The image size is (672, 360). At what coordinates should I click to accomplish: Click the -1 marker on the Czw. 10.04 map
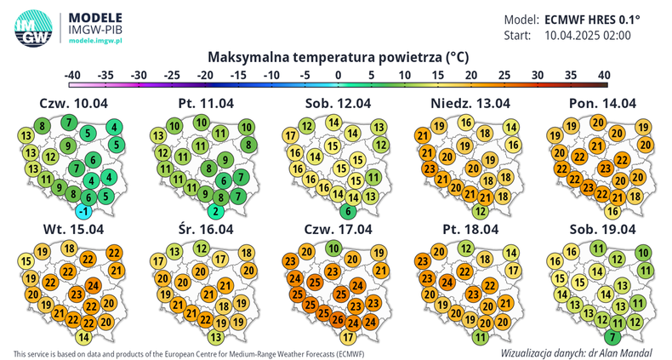tap(83, 211)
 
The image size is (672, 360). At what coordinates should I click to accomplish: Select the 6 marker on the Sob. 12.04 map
tap(349, 211)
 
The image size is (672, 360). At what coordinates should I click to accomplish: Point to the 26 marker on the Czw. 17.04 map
tap(338, 319)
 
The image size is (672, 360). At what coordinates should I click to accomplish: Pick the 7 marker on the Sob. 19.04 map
tap(612, 337)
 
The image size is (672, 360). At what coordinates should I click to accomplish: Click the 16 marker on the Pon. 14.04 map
tap(612, 211)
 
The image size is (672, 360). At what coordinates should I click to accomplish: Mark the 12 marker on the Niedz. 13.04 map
tap(481, 211)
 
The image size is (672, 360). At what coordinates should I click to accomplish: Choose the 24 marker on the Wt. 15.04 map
tap(94, 285)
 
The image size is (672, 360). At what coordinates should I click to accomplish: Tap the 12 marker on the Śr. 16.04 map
tap(202, 249)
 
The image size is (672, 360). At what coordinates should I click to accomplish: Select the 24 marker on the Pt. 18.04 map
tap(447, 283)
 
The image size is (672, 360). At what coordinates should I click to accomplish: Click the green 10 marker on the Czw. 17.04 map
tap(333, 249)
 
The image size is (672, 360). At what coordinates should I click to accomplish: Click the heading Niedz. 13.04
tap(470, 103)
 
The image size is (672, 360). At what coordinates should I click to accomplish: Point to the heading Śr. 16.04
tap(206, 229)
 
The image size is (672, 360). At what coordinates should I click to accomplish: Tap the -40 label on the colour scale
tap(72, 76)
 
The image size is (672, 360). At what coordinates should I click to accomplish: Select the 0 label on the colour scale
tap(339, 76)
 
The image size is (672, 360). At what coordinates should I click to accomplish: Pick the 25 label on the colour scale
tap(504, 76)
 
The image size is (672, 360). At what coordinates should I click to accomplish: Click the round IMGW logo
tap(33, 28)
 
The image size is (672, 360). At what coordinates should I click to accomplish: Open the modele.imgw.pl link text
tap(95, 40)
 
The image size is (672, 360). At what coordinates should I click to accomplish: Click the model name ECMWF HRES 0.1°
tap(592, 20)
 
